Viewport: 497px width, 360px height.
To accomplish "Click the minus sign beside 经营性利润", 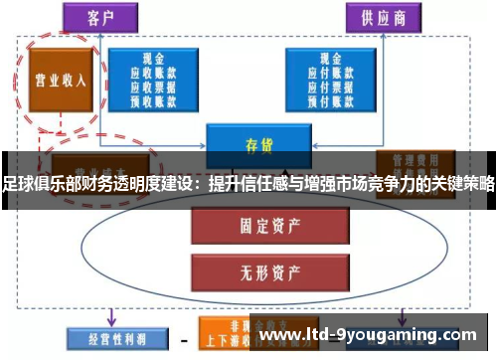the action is pos(183,338).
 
